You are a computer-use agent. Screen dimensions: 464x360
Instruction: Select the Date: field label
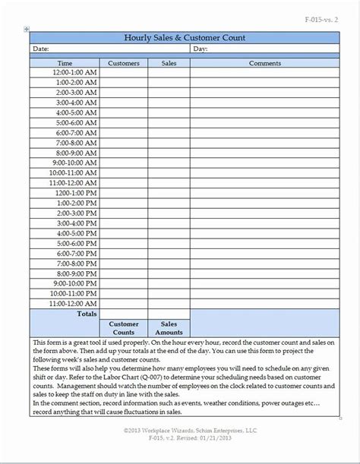[x=40, y=48]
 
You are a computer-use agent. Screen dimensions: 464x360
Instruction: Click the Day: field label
[x=201, y=48]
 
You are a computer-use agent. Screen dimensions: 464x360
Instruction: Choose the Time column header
[x=65, y=64]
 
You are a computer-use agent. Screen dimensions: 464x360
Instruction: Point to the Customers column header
[x=125, y=64]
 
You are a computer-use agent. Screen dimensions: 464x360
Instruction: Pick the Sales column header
[x=169, y=64]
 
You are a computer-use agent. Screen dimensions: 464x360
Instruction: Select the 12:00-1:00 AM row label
[x=75, y=72]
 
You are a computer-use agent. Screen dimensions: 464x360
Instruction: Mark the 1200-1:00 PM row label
[x=76, y=192]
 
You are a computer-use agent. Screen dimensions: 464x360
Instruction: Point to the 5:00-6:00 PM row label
[x=77, y=243]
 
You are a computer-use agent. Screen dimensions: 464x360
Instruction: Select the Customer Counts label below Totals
[x=125, y=327]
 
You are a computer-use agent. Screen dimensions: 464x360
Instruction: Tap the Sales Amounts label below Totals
[x=169, y=327]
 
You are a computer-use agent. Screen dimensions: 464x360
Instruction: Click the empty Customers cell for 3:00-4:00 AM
[x=125, y=102]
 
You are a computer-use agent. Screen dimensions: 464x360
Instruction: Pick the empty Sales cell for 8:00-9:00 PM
[x=169, y=273]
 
